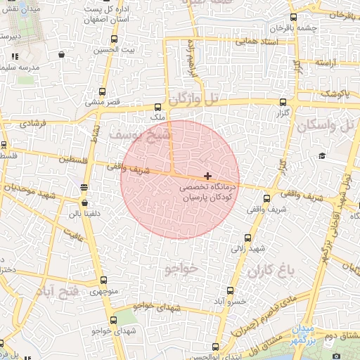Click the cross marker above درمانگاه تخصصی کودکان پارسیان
[207, 175]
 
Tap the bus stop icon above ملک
[158, 108]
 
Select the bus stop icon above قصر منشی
[103, 91]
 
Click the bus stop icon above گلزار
[283, 102]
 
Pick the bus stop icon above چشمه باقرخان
[292, 18]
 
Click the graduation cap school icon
[322, 156]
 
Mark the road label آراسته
[326, 63]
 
